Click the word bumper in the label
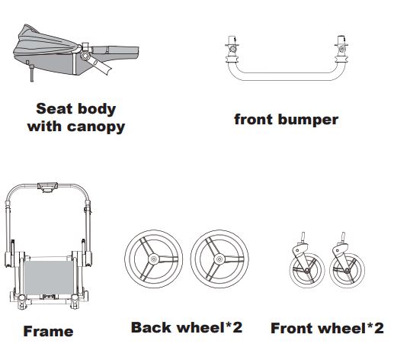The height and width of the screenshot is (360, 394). [x=308, y=120]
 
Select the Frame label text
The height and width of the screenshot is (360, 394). [x=48, y=332]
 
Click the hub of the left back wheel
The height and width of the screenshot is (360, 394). [x=154, y=259]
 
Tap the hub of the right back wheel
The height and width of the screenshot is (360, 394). [x=219, y=259]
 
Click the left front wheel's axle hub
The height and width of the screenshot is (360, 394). [x=307, y=270]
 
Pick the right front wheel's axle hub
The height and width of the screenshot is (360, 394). [x=347, y=271]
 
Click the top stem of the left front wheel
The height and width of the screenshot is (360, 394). [x=303, y=237]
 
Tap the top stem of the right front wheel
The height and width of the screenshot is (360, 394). [x=343, y=237]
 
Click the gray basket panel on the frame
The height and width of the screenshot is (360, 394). [x=48, y=278]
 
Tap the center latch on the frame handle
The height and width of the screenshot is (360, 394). [x=47, y=187]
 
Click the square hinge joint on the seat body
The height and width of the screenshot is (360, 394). [x=86, y=55]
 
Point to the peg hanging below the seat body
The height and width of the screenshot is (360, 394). [x=32, y=73]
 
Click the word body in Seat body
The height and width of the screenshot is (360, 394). [x=97, y=109]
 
